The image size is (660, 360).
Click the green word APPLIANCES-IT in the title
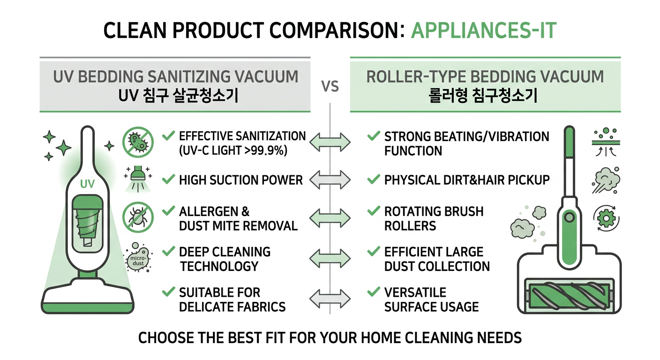click(483, 30)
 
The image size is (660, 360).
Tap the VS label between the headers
click(330, 87)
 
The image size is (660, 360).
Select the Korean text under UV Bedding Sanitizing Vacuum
click(178, 96)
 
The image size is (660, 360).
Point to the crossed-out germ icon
click(138, 142)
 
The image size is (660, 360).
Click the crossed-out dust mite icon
click(138, 217)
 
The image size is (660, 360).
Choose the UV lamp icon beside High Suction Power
click(138, 179)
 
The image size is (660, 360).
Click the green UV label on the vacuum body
click(87, 184)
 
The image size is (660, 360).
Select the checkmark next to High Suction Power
click(169, 179)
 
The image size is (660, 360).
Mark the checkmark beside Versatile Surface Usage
click(374, 292)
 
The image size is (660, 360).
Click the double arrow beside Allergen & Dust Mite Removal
click(330, 218)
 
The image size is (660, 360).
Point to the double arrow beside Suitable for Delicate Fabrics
click(330, 299)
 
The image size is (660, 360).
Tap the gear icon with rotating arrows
click(607, 218)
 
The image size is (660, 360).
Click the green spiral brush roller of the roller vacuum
click(569, 296)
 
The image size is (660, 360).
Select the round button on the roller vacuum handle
click(569, 217)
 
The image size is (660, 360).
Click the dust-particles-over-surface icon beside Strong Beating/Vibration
click(606, 142)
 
